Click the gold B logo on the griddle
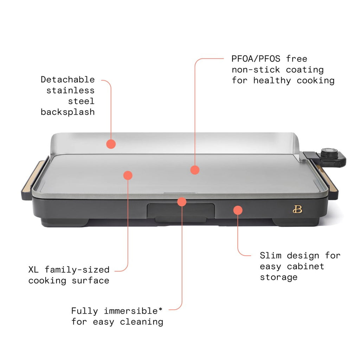click(x=297, y=210)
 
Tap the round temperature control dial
click(x=329, y=153)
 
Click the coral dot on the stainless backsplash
click(x=111, y=144)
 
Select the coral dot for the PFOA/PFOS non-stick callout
click(x=195, y=170)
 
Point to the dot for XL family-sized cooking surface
click(x=128, y=175)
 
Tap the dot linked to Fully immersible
click(x=181, y=201)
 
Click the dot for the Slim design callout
click(x=238, y=210)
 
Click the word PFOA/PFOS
click(x=256, y=59)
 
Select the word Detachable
click(x=67, y=79)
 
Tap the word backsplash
click(x=67, y=112)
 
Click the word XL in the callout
click(x=34, y=270)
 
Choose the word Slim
click(x=270, y=255)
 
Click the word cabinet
click(x=306, y=266)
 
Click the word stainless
click(x=70, y=90)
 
